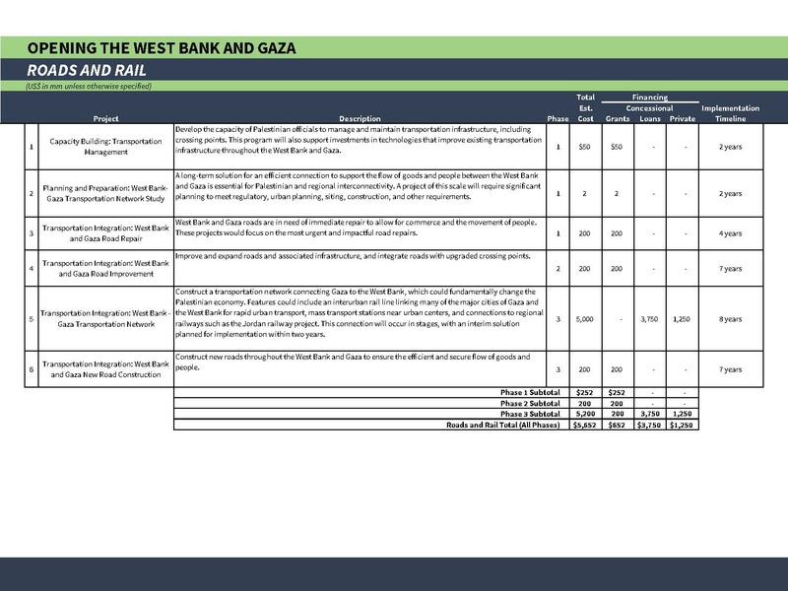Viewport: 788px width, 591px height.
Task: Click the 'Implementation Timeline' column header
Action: (730, 113)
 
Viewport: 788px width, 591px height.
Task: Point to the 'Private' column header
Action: (682, 119)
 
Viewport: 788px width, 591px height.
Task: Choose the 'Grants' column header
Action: (617, 119)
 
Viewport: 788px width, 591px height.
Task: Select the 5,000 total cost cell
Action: (584, 318)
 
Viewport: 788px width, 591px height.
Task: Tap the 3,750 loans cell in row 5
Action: (650, 318)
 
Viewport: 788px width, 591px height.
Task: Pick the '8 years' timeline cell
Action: (730, 318)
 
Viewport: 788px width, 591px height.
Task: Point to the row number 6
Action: (32, 369)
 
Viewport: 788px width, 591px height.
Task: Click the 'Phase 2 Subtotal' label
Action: (531, 403)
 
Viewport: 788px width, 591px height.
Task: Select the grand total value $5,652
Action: (584, 425)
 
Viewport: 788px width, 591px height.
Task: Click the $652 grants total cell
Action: (617, 425)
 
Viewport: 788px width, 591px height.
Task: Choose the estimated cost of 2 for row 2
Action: (584, 193)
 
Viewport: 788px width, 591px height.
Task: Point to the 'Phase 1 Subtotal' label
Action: (531, 392)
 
